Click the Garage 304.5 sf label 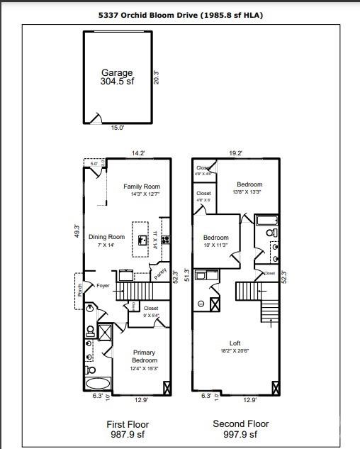pyautogui.click(x=117, y=77)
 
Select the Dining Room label pyautogui.click(x=106, y=241)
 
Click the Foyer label pyautogui.click(x=103, y=286)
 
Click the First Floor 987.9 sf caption pyautogui.click(x=125, y=428)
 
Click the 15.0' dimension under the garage pyautogui.click(x=118, y=128)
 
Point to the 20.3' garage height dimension pyautogui.click(x=156, y=76)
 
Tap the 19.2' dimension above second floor pyautogui.click(x=235, y=153)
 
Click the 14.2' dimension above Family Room pyautogui.click(x=138, y=153)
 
